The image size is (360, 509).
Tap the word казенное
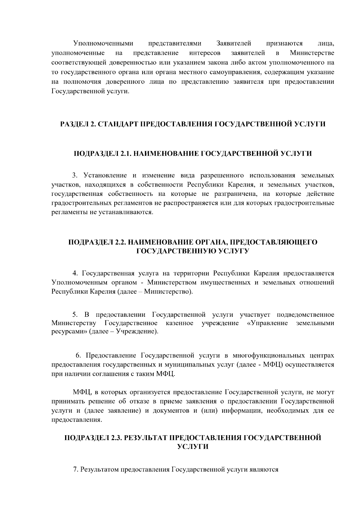point(179,323)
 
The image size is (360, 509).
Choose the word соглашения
point(113,374)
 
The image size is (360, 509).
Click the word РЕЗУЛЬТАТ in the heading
point(145,438)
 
